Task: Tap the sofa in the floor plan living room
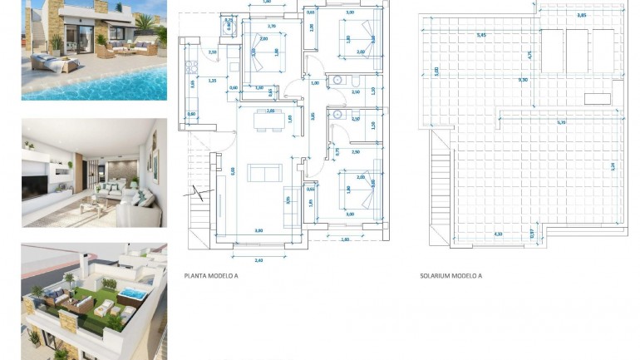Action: click(x=264, y=172)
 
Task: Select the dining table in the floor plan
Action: click(x=265, y=121)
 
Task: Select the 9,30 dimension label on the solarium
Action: click(x=522, y=79)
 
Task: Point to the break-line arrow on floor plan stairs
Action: click(x=199, y=195)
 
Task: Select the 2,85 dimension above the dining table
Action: click(x=270, y=111)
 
